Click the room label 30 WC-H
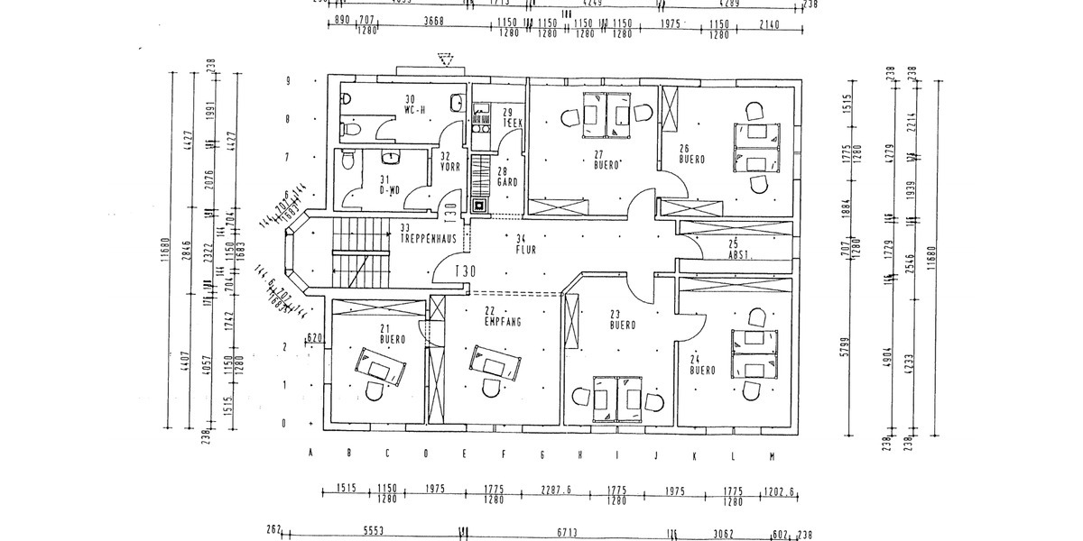(414, 105)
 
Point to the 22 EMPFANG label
(502, 316)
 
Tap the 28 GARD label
(506, 177)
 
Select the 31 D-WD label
(388, 185)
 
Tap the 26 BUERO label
(692, 154)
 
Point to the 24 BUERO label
(703, 365)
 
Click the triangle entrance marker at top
(443, 60)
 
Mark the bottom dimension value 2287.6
(556, 490)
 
